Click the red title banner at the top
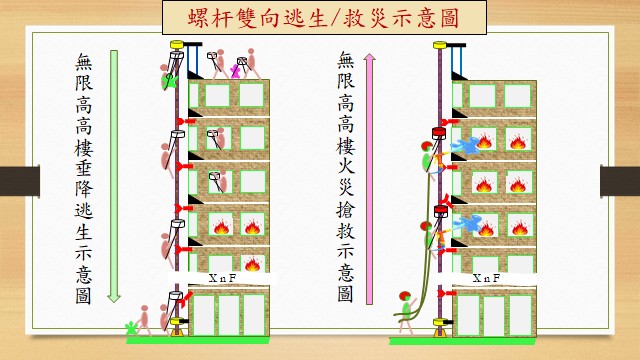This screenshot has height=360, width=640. point(324,18)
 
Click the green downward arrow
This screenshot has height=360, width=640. point(114,176)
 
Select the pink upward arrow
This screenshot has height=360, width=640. point(369,179)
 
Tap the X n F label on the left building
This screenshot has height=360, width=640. point(222,278)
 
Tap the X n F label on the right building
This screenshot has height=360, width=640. point(486,278)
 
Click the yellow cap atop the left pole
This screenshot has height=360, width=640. point(176,44)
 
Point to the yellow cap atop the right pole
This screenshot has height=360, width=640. point(440,44)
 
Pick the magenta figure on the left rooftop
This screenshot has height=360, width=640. point(235,71)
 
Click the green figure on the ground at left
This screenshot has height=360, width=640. point(131,328)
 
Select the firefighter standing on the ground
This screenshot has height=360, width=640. point(405,311)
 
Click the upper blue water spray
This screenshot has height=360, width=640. point(466,146)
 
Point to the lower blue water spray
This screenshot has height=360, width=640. point(467,224)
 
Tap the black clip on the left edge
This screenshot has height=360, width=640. point(20,181)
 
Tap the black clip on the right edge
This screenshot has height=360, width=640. point(620,181)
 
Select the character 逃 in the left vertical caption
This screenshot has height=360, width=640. point(84,211)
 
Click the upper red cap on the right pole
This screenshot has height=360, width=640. point(439,133)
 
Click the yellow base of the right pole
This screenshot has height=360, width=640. point(440,328)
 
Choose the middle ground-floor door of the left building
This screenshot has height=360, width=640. point(229,315)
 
